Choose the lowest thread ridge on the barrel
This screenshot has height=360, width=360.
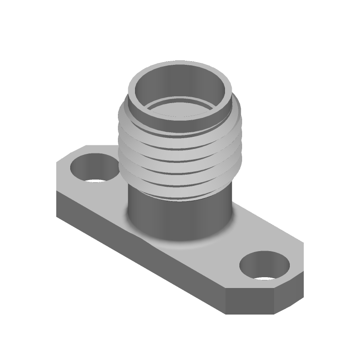pos(180,191)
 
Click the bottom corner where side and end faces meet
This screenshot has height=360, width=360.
pos(225,313)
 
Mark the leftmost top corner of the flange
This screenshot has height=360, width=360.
pos(57,165)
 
